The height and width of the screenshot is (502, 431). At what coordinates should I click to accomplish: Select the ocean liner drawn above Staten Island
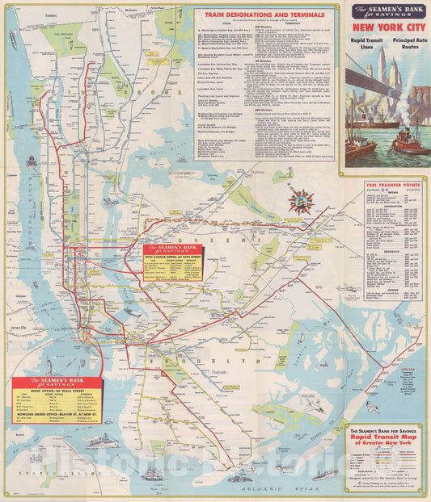point(102,441)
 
